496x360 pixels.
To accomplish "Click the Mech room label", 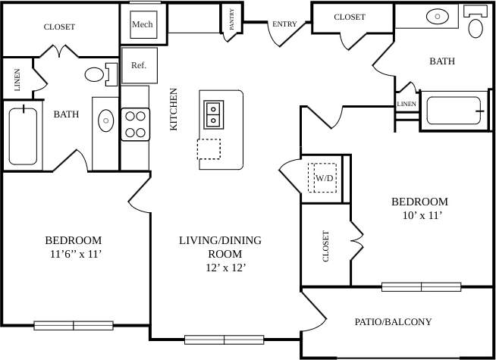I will (x=142, y=24).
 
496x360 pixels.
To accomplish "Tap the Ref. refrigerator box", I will (x=139, y=65).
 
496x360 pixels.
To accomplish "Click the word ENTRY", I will (x=284, y=24).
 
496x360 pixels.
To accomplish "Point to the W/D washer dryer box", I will (x=324, y=179).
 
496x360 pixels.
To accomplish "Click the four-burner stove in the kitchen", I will (x=135, y=124).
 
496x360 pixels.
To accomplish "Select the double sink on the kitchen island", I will (x=213, y=113).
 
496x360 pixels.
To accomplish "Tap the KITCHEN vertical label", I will (x=174, y=109).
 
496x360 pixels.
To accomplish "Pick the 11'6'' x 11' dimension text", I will (x=73, y=255).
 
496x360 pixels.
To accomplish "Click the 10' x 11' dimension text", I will (x=419, y=215).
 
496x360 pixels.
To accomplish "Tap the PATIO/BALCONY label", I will (x=393, y=322).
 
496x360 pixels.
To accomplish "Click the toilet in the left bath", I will (x=97, y=74).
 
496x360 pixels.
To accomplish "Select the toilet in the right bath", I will (x=476, y=26).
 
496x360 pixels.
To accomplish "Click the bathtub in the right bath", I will (x=454, y=111).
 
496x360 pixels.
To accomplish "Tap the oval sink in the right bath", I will (x=438, y=15).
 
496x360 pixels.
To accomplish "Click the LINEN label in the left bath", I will (x=17, y=80).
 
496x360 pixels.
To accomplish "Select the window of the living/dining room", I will (x=224, y=340).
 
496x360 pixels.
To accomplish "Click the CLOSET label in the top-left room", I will (x=59, y=27).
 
